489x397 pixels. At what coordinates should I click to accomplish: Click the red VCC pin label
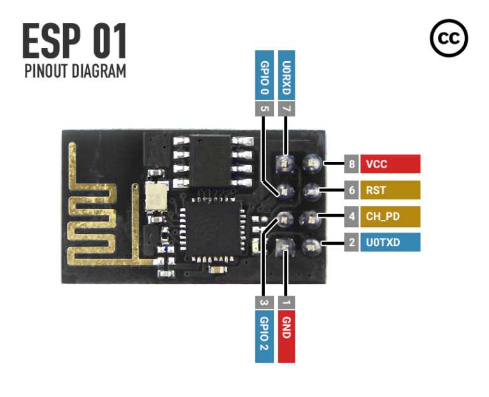(x=390, y=164)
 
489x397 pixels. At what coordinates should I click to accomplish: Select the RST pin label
(x=390, y=190)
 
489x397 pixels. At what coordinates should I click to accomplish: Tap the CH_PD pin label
(x=390, y=216)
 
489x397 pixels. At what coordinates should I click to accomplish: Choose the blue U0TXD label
(x=390, y=242)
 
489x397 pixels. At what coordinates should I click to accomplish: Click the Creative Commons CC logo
(x=449, y=39)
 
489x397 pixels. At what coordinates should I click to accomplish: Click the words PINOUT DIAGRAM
(x=75, y=71)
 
